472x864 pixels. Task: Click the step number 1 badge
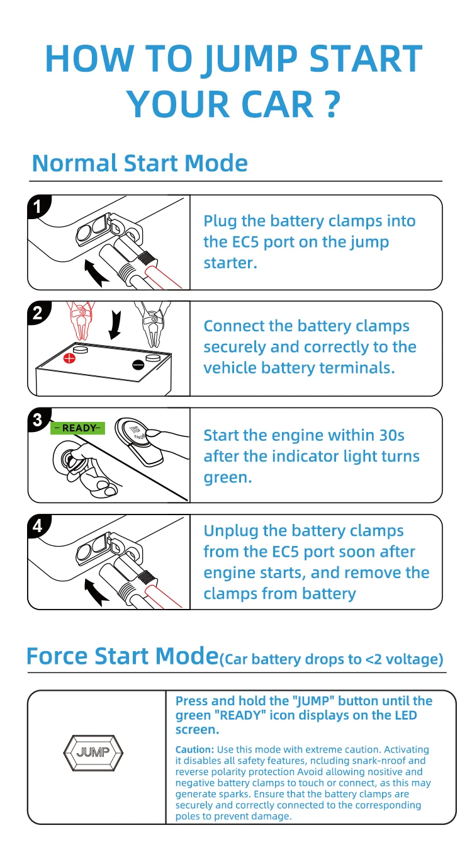pos(38,207)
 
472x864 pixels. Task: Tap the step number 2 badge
pos(38,313)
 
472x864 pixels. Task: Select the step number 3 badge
pos(38,419)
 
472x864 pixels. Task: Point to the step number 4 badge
pos(38,526)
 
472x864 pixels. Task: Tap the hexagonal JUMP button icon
pos(93,752)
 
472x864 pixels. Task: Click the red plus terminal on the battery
pos(69,358)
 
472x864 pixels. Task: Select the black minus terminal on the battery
pos(138,363)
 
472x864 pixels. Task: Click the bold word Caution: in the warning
pos(194,749)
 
